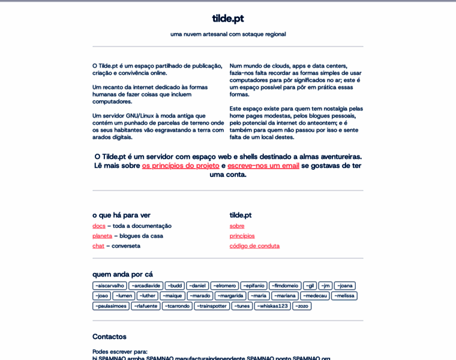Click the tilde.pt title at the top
227,18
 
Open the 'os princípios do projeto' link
181,166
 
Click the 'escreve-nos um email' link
263,166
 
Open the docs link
99,226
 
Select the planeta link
102,236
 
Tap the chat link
98,246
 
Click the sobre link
237,226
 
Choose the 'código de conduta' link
254,246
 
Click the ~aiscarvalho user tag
109,286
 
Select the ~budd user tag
175,286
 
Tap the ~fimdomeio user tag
285,286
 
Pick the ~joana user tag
345,286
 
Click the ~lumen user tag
124,296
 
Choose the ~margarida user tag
230,296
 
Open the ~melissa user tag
344,296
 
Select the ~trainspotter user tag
212,306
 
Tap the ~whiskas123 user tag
272,306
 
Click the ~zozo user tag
302,306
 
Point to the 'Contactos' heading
109,337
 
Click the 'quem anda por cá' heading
122,274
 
